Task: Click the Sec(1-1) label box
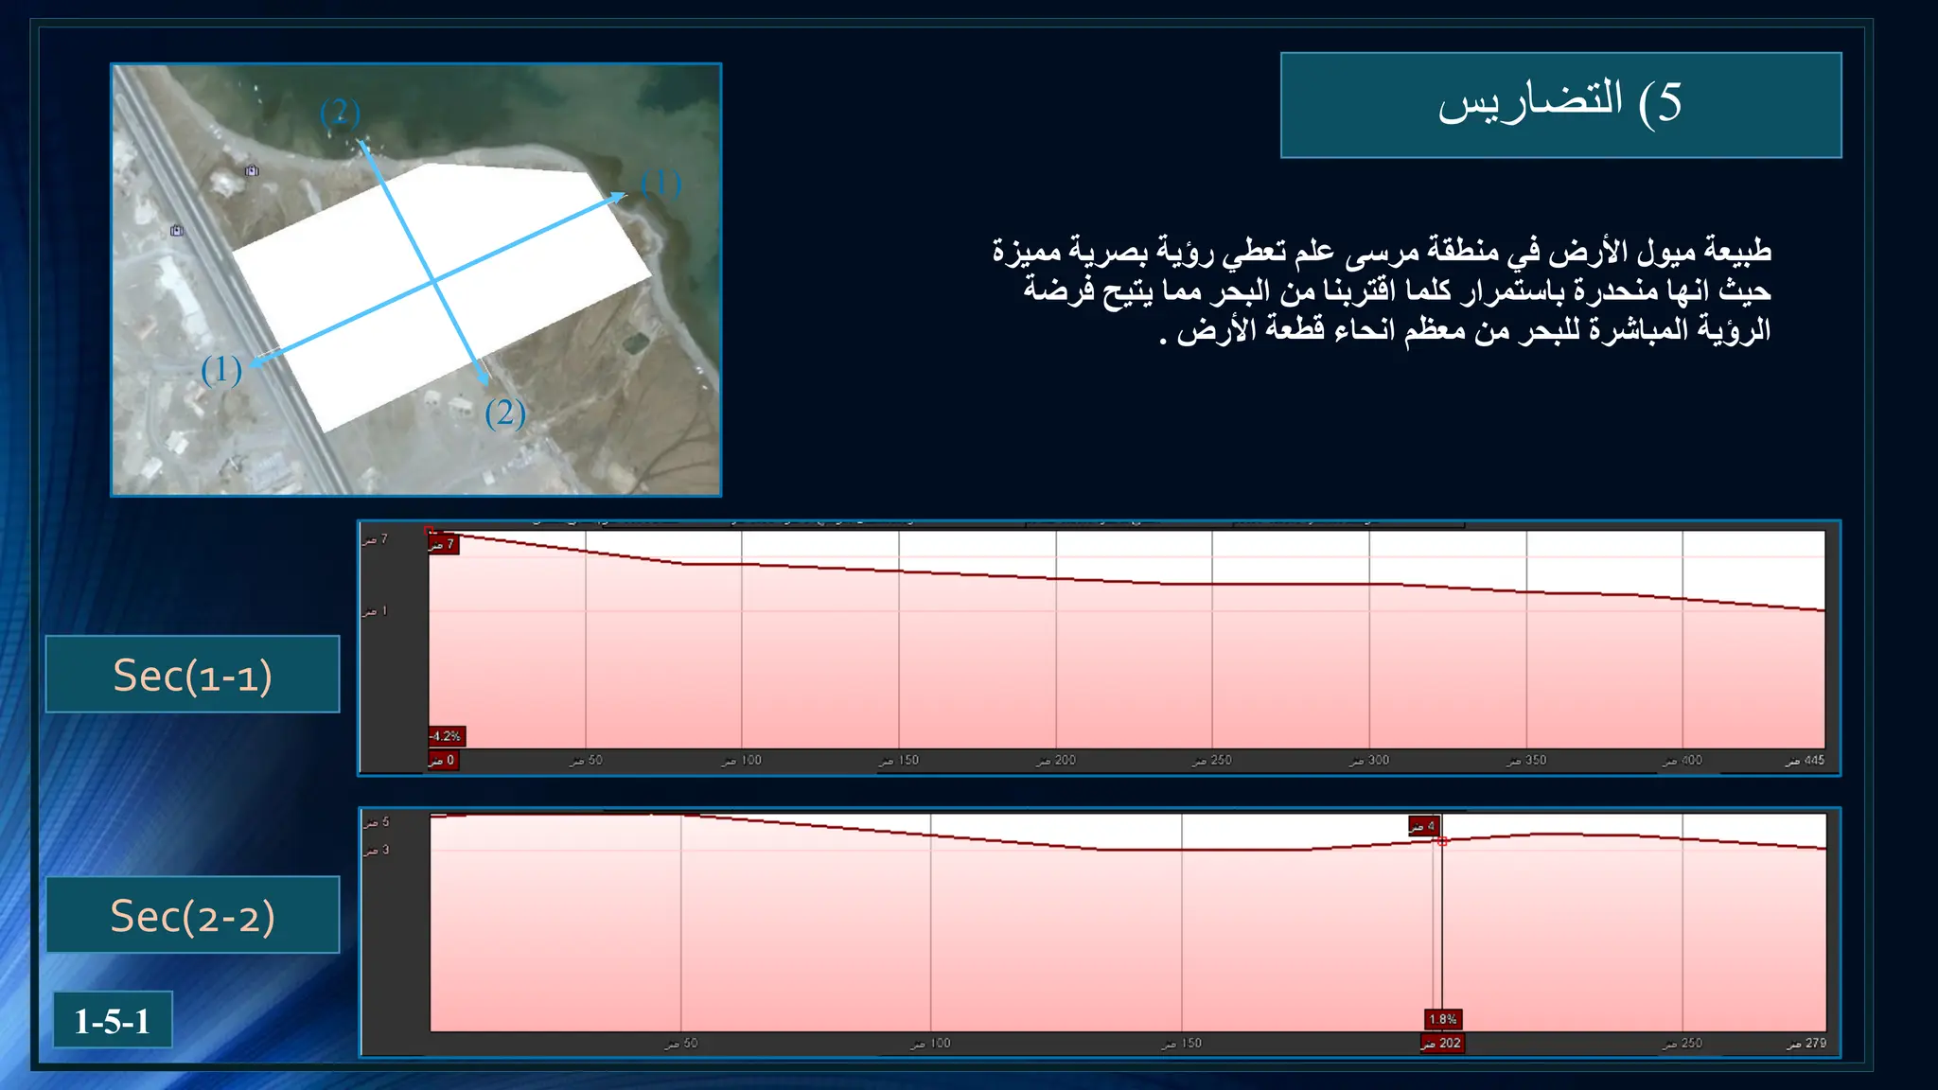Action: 192,675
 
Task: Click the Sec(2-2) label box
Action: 192,915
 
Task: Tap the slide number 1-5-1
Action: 113,1021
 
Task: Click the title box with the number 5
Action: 1560,104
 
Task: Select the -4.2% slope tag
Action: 446,736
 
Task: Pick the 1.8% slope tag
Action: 1443,1019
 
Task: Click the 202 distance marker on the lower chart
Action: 1442,1043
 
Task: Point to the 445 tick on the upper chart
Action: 1806,760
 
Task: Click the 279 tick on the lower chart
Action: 1808,1043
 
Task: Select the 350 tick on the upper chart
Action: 1528,760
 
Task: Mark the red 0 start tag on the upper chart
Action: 443,760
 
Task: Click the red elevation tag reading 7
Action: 443,544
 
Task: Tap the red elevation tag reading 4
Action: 1423,826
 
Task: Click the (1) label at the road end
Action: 221,370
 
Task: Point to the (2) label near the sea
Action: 340,113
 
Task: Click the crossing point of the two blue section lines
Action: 434,281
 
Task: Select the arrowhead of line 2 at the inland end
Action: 484,380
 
